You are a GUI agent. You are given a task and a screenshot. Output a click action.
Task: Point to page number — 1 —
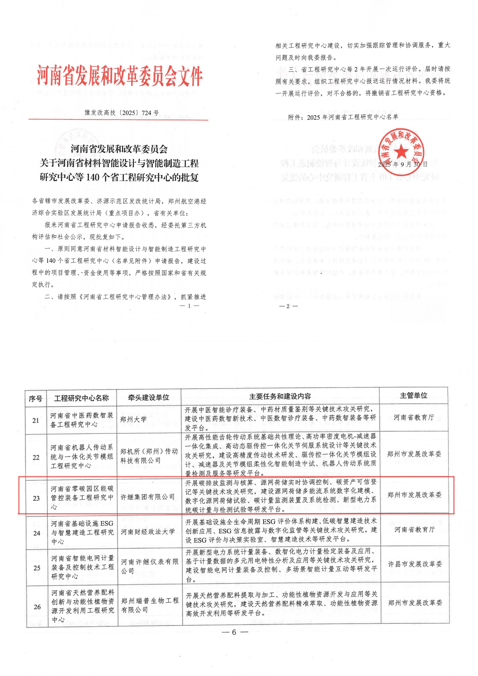point(189,306)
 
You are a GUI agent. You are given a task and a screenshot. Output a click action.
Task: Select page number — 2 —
point(288,306)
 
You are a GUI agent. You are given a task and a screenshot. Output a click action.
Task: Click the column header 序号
point(36,399)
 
